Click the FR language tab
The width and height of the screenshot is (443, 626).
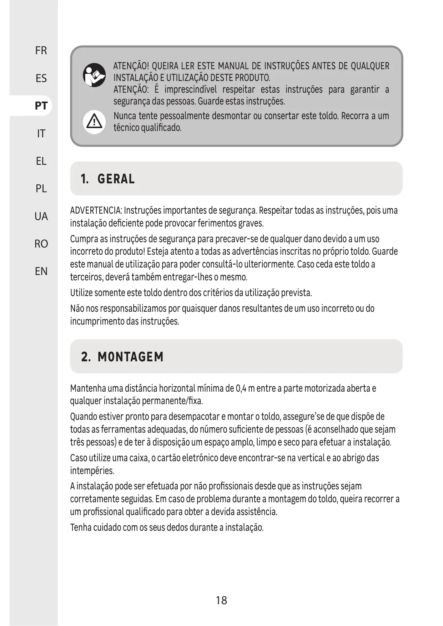pos(41,51)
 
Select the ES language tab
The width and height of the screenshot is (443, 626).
pos(41,78)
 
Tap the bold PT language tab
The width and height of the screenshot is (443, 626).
pos(41,106)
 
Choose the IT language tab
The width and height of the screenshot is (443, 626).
pos(41,133)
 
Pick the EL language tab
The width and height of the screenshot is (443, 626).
pos(41,161)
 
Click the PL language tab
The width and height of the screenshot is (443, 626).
pos(41,188)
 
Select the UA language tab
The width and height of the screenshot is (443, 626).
pos(41,216)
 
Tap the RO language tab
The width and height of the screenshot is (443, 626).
pos(41,244)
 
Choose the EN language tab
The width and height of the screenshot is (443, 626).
pos(41,271)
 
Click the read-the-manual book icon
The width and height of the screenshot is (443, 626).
pos(94,75)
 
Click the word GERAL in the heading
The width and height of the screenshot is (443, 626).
pos(116,179)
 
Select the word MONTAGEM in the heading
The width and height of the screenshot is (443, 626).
pos(131,357)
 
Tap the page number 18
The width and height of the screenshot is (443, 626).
pos(221,600)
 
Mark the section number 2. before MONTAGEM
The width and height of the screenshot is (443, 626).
pos(86,357)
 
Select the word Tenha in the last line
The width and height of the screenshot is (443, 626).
pos(80,527)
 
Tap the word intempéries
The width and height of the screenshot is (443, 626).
pos(92,471)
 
